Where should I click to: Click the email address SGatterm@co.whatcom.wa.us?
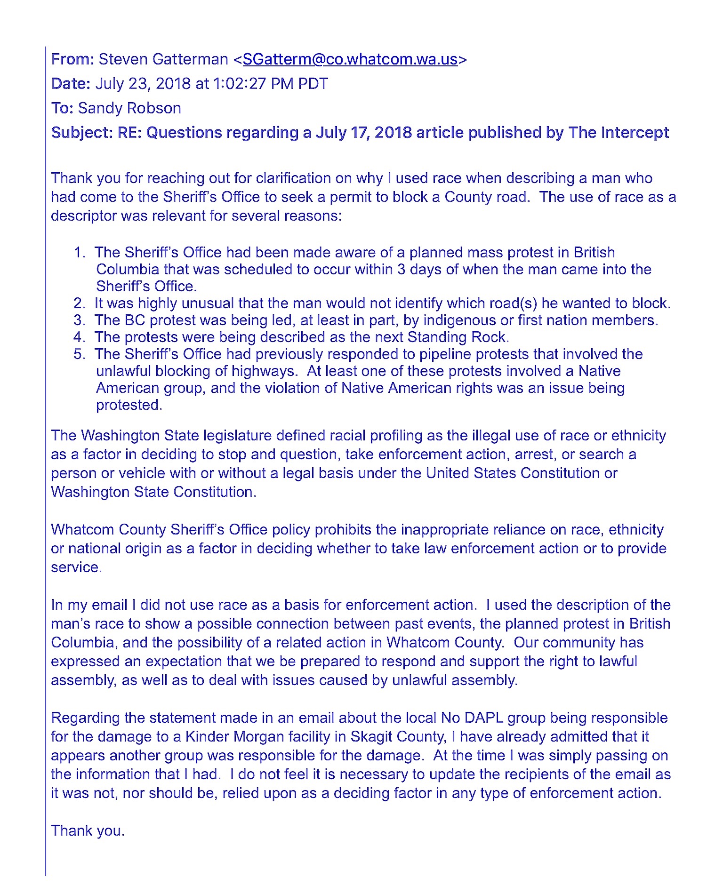pos(350,59)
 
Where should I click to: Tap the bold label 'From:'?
pos(72,59)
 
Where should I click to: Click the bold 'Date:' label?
pos(71,84)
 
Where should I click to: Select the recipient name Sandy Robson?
pos(129,108)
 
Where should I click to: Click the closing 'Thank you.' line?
pos(88,831)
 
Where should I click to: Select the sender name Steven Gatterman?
pos(163,59)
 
